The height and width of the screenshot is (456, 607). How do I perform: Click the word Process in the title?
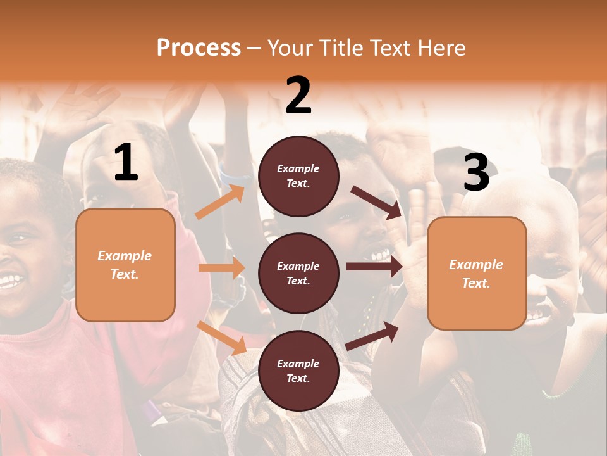pos(199,48)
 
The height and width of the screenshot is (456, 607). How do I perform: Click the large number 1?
pos(126,163)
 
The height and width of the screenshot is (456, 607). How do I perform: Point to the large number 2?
pos(298,95)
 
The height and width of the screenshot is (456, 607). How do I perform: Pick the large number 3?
pos(476,173)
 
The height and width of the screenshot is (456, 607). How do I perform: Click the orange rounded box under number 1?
pos(125,265)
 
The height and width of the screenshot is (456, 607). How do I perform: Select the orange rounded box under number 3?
pos(477,274)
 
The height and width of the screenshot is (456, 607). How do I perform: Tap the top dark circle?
pos(298,176)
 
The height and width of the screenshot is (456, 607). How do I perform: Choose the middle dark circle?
pos(298,274)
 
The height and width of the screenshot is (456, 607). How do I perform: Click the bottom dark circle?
pos(298,371)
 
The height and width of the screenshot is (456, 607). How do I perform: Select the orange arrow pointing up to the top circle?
pos(220,201)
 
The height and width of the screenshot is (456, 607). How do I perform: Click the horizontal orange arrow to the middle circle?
pos(221,268)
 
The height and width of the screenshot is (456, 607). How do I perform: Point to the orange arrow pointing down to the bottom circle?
pos(221,338)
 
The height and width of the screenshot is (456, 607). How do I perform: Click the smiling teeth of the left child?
pos(9,281)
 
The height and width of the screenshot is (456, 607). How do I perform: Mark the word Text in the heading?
pos(388,48)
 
